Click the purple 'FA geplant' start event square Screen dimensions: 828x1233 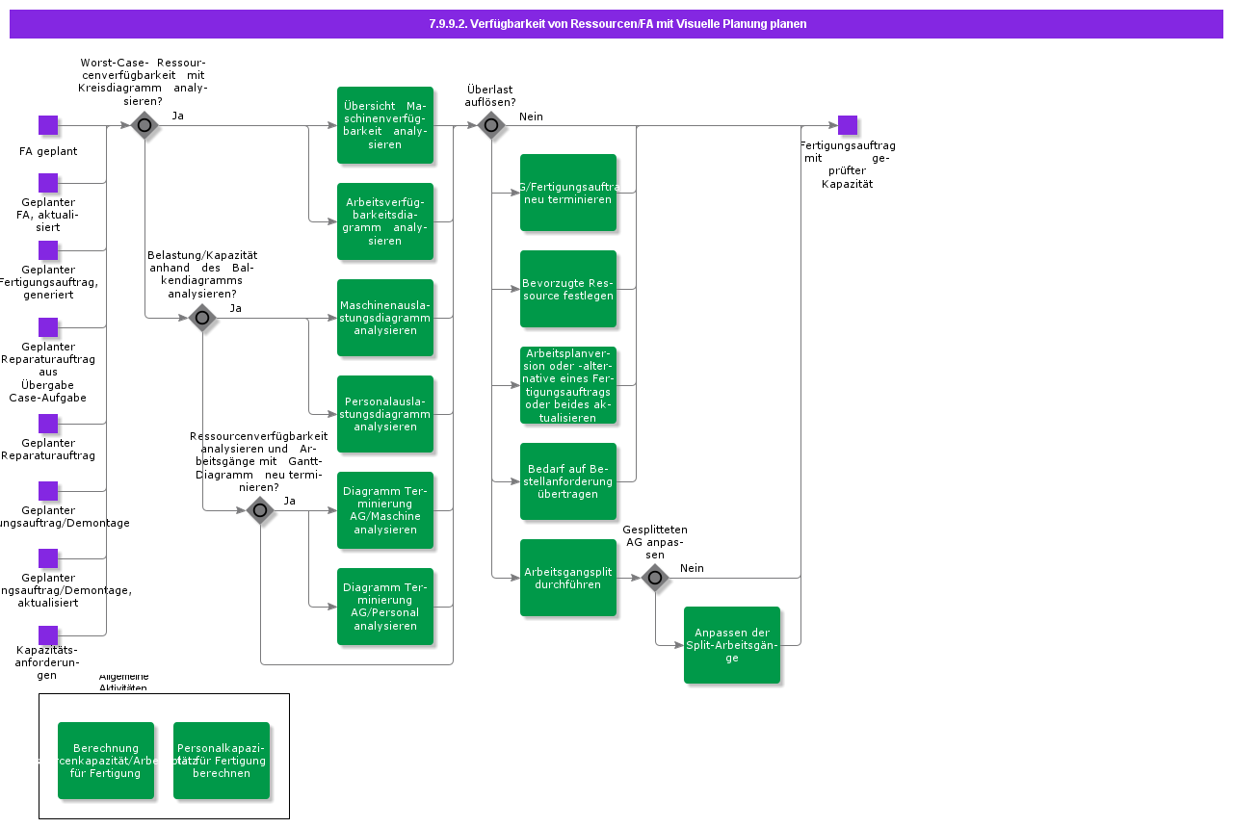tap(48, 125)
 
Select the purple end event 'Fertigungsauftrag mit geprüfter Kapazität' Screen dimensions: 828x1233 tap(847, 125)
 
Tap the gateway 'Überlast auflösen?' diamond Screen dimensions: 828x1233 tap(491, 125)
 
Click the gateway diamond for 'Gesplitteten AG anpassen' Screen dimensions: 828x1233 tap(655, 578)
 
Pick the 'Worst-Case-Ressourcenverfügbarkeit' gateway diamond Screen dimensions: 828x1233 tap(144, 125)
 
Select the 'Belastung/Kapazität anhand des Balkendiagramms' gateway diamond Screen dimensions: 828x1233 tap(202, 318)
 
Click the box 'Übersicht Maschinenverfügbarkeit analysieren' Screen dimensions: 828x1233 tap(385, 125)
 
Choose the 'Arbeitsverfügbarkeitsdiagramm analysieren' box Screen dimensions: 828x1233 tap(385, 221)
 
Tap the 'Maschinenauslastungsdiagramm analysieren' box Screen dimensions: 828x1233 tap(385, 318)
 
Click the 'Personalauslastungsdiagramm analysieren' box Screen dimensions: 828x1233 tap(385, 414)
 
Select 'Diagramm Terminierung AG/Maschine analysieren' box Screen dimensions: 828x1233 tap(385, 510)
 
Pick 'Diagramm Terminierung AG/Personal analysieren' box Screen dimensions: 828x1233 tap(385, 607)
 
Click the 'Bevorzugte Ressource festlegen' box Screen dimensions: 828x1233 tap(568, 289)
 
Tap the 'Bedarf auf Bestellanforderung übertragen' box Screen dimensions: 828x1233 tap(568, 481)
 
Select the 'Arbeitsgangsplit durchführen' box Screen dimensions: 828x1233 tap(568, 578)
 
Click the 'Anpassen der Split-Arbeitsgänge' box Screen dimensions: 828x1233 tap(732, 645)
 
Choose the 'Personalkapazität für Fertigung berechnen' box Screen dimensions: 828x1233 tap(222, 761)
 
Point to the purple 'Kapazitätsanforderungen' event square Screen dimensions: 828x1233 tap(48, 635)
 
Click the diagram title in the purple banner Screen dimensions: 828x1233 tap(617, 24)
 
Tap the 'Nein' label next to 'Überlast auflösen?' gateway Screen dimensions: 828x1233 tap(531, 116)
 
